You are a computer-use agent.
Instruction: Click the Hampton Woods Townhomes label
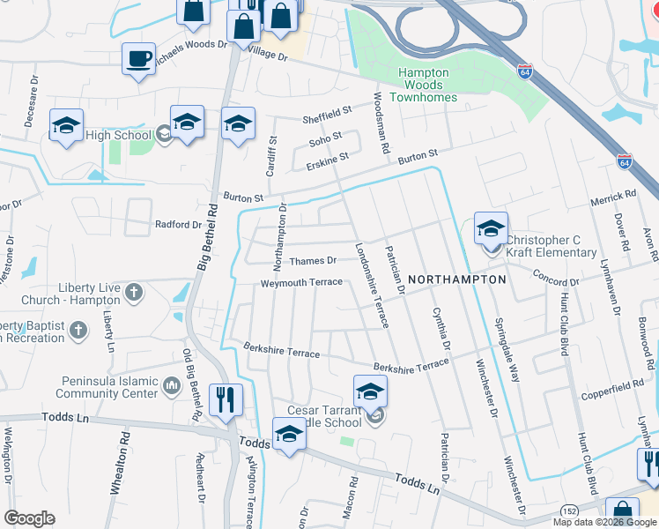coord(423,85)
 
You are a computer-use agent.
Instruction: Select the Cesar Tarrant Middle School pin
coord(370,392)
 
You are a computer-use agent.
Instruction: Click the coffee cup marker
coord(139,59)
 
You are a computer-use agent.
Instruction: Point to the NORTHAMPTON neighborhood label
coord(458,279)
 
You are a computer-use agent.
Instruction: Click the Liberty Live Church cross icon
coord(133,292)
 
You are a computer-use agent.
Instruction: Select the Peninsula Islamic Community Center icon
coord(173,384)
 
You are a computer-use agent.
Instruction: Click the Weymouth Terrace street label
coord(300,283)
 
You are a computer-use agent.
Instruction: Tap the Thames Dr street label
coord(314,260)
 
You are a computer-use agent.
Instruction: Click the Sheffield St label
coord(327,114)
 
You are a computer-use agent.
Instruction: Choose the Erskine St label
coord(329,156)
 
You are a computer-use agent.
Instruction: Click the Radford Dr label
coord(179,224)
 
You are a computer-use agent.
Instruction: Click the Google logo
coord(30,518)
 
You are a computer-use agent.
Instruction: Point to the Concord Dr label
coord(556,279)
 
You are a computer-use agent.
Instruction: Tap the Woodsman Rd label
coord(381,124)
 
